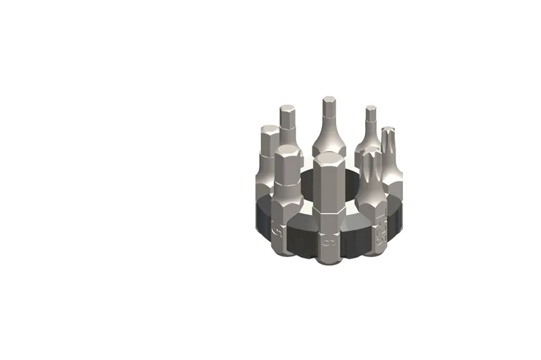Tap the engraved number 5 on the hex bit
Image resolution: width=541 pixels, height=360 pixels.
pyautogui.click(x=278, y=233)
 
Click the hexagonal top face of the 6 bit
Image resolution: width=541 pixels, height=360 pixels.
pyautogui.click(x=329, y=158)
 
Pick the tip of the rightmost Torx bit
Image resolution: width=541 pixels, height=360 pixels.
pyautogui.click(x=387, y=131)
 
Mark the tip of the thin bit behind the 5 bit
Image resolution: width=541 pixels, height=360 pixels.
pyautogui.click(x=287, y=108)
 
